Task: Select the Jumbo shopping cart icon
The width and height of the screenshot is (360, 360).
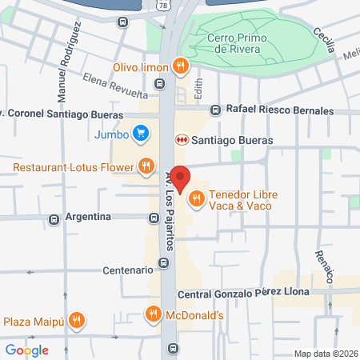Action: pyautogui.click(x=141, y=133)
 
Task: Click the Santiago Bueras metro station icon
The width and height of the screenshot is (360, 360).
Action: pyautogui.click(x=182, y=140)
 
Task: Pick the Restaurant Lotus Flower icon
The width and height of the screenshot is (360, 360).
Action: pyautogui.click(x=145, y=166)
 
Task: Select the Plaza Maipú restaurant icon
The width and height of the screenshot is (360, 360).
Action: pyautogui.click(x=77, y=321)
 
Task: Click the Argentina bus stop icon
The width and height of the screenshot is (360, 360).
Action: pyautogui.click(x=54, y=218)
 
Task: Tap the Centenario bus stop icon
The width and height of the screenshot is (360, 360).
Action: pyautogui.click(x=163, y=262)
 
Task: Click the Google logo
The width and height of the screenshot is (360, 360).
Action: pyautogui.click(x=27, y=350)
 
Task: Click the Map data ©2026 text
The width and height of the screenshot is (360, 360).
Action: pyautogui.click(x=325, y=353)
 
